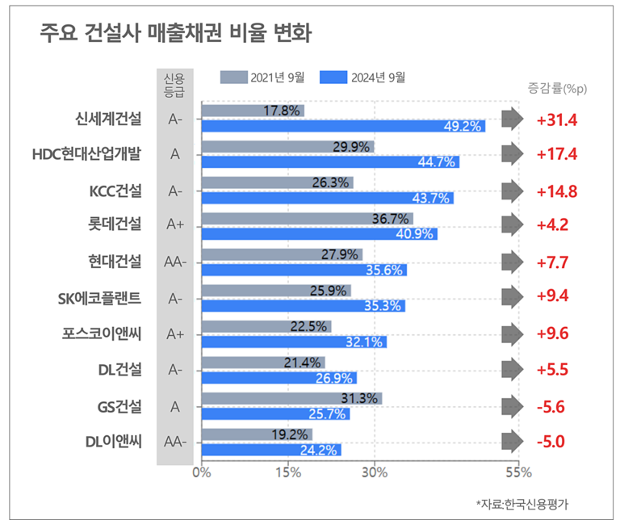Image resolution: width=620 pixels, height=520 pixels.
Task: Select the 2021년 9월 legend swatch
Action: click(x=233, y=78)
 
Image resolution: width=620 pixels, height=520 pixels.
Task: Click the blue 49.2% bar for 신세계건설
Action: click(x=342, y=126)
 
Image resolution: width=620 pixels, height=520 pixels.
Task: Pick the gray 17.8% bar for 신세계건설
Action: click(x=252, y=110)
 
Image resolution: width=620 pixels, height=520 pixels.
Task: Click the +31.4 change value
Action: click(x=557, y=120)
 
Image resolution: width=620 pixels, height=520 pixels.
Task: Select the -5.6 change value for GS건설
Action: click(x=554, y=406)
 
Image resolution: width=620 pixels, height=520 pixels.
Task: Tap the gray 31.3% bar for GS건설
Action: click(x=291, y=398)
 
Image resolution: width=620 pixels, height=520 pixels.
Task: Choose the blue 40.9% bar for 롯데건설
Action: click(x=318, y=234)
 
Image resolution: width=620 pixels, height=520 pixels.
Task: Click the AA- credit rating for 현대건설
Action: click(x=175, y=262)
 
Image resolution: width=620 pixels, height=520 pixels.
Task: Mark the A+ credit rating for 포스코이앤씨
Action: click(x=175, y=333)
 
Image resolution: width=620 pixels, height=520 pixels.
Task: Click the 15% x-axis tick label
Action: click(x=288, y=472)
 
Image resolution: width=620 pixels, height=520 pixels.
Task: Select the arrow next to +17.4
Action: click(x=512, y=154)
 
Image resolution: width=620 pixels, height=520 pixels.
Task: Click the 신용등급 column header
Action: click(x=174, y=84)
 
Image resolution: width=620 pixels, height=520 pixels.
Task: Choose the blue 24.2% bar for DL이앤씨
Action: click(x=270, y=450)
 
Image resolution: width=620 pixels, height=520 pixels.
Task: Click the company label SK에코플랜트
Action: click(x=100, y=297)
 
